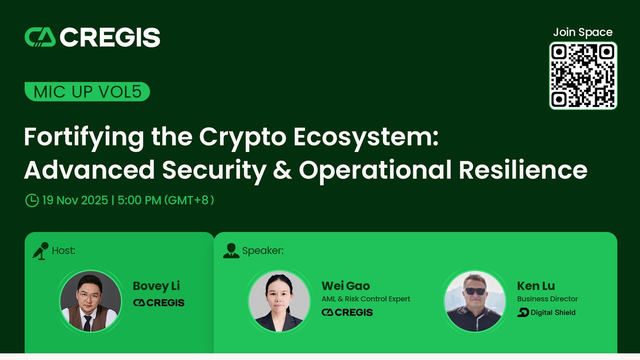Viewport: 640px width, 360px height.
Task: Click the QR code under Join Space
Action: click(x=583, y=75)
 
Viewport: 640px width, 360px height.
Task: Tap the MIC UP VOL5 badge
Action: click(x=87, y=92)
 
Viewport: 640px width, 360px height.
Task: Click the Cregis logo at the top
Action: click(x=92, y=37)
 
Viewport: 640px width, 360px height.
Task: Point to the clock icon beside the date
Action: click(x=32, y=200)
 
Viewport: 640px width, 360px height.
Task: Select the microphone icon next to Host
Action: click(x=40, y=250)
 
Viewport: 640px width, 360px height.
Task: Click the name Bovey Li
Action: click(x=156, y=286)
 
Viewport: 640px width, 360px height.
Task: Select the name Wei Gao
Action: click(x=346, y=286)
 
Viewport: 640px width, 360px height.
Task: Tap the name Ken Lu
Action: click(x=536, y=286)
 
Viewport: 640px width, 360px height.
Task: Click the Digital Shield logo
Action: click(x=547, y=313)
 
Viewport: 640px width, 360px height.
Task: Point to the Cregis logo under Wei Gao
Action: click(x=347, y=313)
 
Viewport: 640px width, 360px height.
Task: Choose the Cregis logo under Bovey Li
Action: click(x=158, y=302)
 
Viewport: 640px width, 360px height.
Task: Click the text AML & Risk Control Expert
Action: click(x=366, y=299)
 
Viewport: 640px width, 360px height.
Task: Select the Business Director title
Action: click(x=548, y=299)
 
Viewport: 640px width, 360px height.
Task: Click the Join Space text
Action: click(x=582, y=33)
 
